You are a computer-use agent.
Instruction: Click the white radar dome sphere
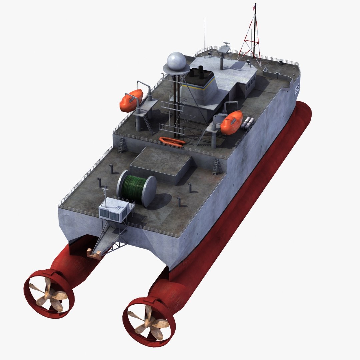tap(178, 61)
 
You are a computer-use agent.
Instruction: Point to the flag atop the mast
tap(254, 7)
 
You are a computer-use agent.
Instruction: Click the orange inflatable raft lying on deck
tap(172, 141)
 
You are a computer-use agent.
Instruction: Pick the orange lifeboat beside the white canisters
tap(231, 122)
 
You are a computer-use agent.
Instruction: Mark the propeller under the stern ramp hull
tap(49, 294)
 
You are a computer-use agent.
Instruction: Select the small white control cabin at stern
tap(115, 210)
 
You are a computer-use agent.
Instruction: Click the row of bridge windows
tap(251, 83)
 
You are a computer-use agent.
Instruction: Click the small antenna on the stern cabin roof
tap(105, 192)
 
